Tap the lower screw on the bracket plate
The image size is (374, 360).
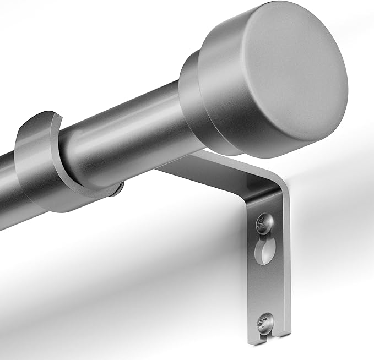pyautogui.click(x=263, y=319)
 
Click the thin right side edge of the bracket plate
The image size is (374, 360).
pyautogui.click(x=286, y=264)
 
